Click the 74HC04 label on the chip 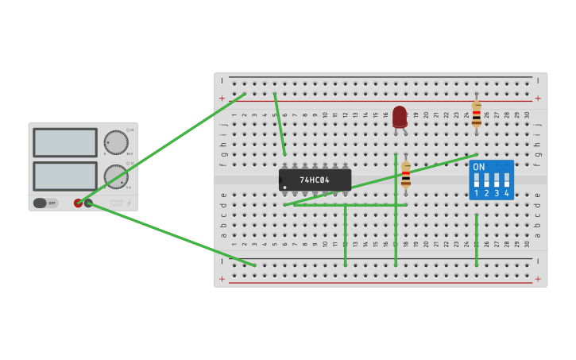coord(315,180)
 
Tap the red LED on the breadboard coord(400,116)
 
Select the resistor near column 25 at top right coord(476,114)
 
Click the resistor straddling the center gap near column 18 coord(406,174)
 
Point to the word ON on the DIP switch coord(478,167)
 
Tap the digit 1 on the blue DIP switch coord(477,193)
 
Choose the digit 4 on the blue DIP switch coord(507,193)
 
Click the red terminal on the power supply coord(78,203)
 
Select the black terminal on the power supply coord(88,203)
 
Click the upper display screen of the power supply coord(65,143)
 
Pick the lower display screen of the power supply coord(65,176)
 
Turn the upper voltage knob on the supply coord(116,142)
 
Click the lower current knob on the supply coord(116,176)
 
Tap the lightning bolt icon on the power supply coord(130,203)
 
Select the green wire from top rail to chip coord(280,125)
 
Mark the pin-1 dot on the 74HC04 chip coord(284,188)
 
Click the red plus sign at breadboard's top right coord(538,99)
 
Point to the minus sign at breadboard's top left coord(222,81)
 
